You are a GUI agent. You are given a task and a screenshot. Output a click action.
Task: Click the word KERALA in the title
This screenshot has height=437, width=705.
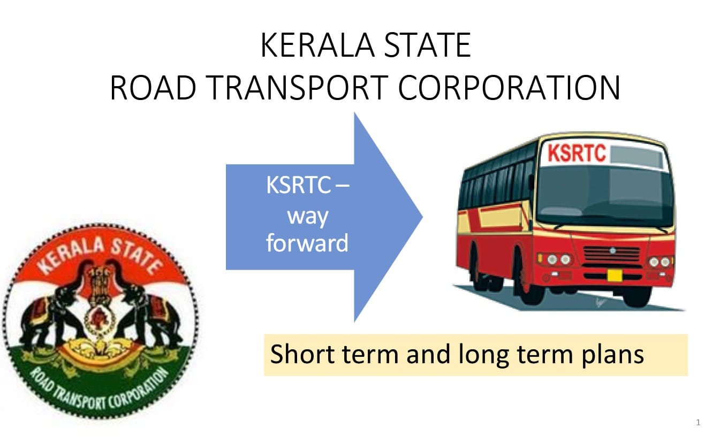tap(317, 45)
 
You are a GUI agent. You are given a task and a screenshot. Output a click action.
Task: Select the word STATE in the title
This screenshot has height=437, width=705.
tap(428, 45)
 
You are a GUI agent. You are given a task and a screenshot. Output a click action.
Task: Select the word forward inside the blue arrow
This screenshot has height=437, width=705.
tap(307, 243)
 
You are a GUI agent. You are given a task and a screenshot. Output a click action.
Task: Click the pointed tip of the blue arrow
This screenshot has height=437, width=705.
tap(422, 217)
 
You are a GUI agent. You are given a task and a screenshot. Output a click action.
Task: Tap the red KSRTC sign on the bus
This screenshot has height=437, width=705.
tap(577, 153)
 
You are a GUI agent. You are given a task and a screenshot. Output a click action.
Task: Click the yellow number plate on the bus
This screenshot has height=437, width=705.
tap(615, 275)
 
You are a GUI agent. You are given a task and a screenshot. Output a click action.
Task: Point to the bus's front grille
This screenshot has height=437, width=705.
tap(612, 255)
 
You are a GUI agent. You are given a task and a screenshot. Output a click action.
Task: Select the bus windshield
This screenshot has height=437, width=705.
tap(604, 196)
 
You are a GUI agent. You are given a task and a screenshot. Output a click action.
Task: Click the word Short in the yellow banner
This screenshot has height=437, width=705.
tap(302, 354)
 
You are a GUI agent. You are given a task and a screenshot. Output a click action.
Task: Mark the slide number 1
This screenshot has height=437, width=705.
tap(698, 422)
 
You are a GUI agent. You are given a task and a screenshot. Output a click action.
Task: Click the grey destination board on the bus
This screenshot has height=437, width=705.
tap(636, 156)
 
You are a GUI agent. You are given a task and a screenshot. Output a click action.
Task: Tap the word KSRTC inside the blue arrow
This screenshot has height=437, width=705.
tap(298, 185)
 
